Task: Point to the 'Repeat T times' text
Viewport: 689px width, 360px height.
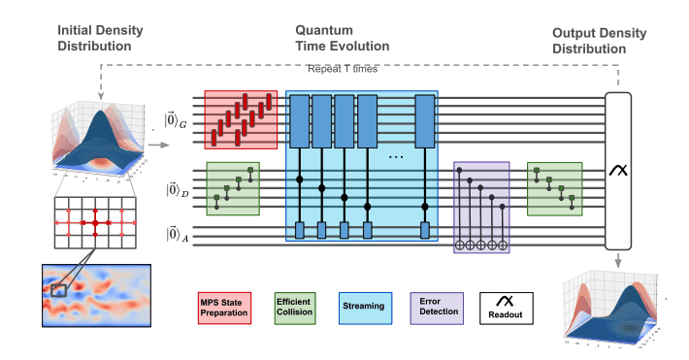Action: click(342, 70)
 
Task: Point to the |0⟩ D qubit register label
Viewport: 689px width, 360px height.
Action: click(175, 190)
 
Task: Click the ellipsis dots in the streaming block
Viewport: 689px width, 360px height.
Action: click(396, 157)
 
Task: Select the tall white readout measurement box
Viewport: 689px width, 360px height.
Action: click(618, 171)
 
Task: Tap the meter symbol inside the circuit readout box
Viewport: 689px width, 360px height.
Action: click(618, 171)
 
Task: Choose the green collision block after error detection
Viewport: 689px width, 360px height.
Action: click(554, 188)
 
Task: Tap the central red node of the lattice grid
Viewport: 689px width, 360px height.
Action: click(96, 223)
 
